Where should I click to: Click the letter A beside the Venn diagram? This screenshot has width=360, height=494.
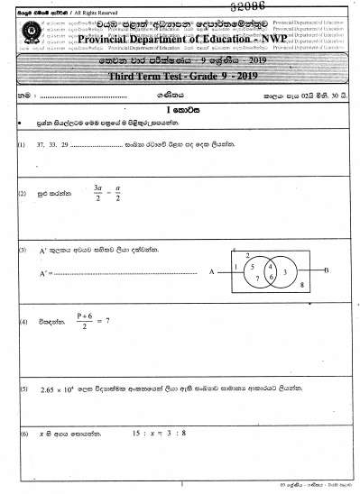tap(210, 270)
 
